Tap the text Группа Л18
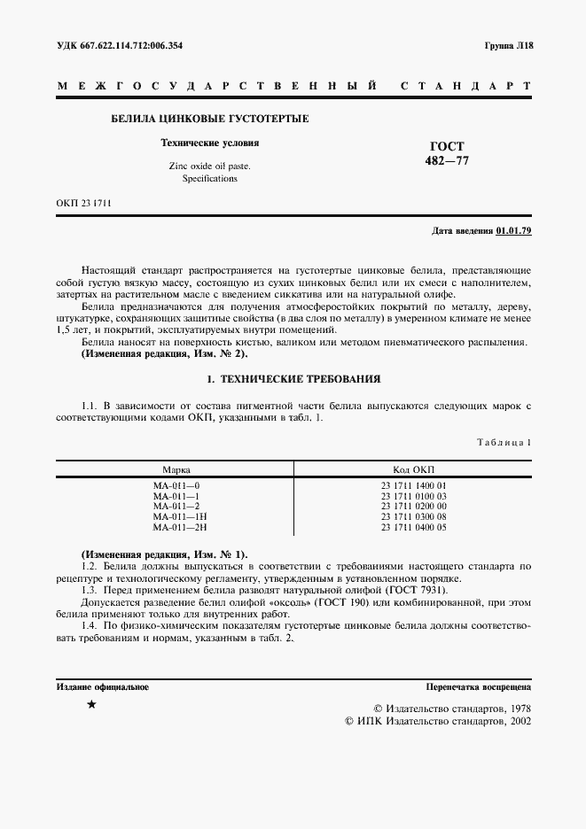tap(508, 45)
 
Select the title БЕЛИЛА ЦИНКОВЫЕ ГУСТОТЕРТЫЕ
tap(209, 119)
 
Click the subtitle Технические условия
tap(209, 143)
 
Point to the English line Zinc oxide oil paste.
tap(209, 166)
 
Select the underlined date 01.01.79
tap(513, 231)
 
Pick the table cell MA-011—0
tap(176, 486)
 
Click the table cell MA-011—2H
tap(179, 527)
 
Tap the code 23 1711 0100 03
tap(414, 496)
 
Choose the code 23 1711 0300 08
tap(414, 516)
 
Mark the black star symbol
tap(91, 705)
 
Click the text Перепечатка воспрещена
tap(478, 686)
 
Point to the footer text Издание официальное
tap(102, 686)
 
